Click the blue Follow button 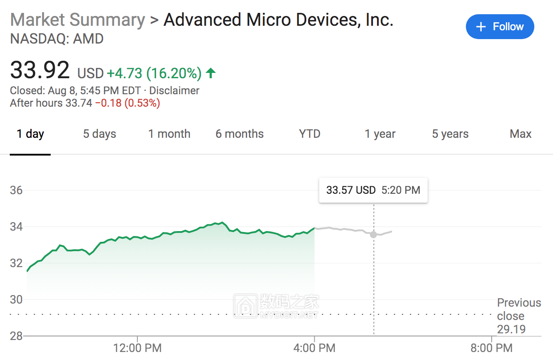coord(500,27)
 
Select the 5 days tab coord(100,134)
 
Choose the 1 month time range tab coord(169,134)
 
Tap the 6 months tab coord(240,134)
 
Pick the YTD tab coord(310,134)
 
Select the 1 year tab coord(380,134)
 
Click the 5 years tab coord(450,134)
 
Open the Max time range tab coord(521,134)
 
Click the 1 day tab coord(30,134)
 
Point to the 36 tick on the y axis coord(16,190)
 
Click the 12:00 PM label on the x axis coord(137,348)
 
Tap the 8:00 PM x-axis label coord(492,348)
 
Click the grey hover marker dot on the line coord(373,234)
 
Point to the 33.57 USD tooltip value coord(351,190)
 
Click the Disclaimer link coord(174,91)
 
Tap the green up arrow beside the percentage coord(211,73)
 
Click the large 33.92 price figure coord(40,71)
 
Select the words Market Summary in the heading coord(78,20)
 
